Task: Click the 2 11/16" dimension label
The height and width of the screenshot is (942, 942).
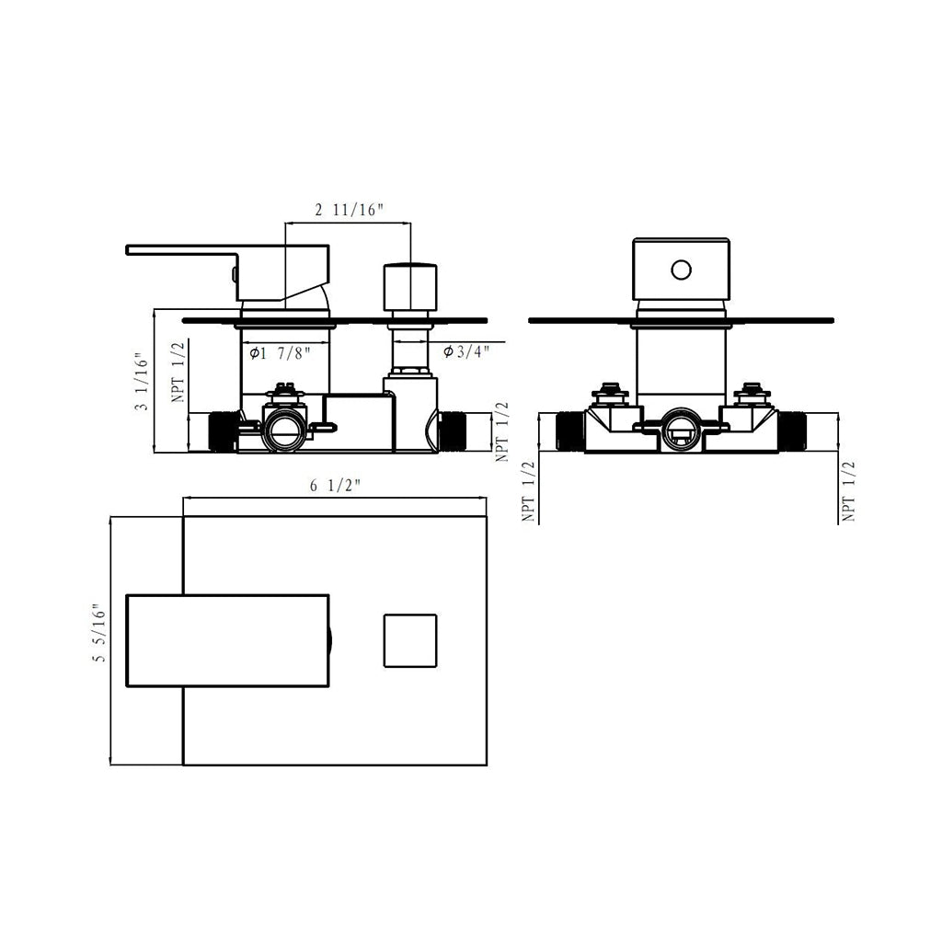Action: tap(349, 210)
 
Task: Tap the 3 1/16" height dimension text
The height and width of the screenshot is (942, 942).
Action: tap(142, 382)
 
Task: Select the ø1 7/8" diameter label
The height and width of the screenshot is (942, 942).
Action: tap(280, 352)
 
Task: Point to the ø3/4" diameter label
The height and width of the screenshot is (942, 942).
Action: tap(466, 351)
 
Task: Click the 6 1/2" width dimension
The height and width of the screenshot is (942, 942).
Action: tap(335, 486)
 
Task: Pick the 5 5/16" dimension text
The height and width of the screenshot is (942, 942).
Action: tap(99, 633)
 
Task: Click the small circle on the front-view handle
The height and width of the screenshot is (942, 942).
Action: tap(682, 270)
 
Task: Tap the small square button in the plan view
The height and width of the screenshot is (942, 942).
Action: tap(410, 640)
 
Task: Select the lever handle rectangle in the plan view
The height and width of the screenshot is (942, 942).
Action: tap(228, 640)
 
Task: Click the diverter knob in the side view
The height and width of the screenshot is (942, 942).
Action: tap(410, 287)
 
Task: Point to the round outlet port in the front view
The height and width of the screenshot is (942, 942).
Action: tap(682, 431)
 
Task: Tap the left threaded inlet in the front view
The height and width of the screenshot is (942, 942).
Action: tap(570, 431)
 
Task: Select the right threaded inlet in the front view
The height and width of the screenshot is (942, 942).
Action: tap(792, 431)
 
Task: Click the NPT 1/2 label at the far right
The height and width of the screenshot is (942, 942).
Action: tap(848, 491)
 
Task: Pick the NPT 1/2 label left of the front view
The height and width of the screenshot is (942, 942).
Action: tap(528, 491)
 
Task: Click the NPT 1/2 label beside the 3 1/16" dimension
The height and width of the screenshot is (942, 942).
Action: tap(178, 372)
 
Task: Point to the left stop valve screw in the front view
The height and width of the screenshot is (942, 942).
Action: tap(611, 392)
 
